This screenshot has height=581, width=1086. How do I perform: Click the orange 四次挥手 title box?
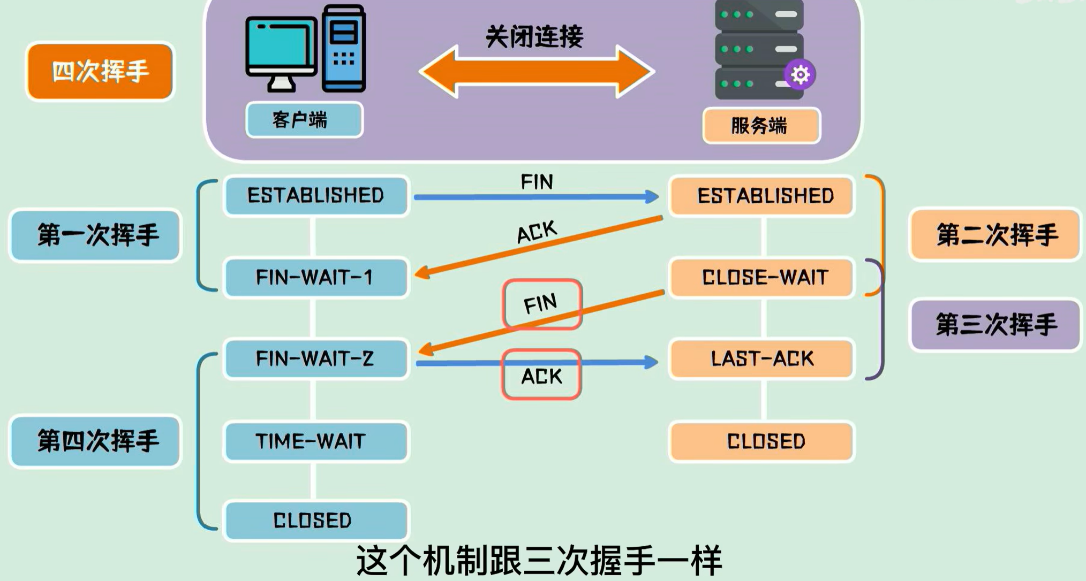[100, 71]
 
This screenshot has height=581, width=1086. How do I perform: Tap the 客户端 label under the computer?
[304, 120]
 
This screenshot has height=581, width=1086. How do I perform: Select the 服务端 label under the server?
[761, 126]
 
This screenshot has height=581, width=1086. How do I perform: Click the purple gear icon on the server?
[800, 74]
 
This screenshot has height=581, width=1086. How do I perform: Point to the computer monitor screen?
[281, 45]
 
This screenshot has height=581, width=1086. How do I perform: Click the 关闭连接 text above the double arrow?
[534, 37]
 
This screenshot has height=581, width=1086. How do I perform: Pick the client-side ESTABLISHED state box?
[316, 195]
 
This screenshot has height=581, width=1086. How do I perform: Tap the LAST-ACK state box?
[761, 358]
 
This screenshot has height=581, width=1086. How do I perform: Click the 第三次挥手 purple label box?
[995, 325]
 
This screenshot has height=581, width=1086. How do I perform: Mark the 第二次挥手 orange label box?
[995, 235]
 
